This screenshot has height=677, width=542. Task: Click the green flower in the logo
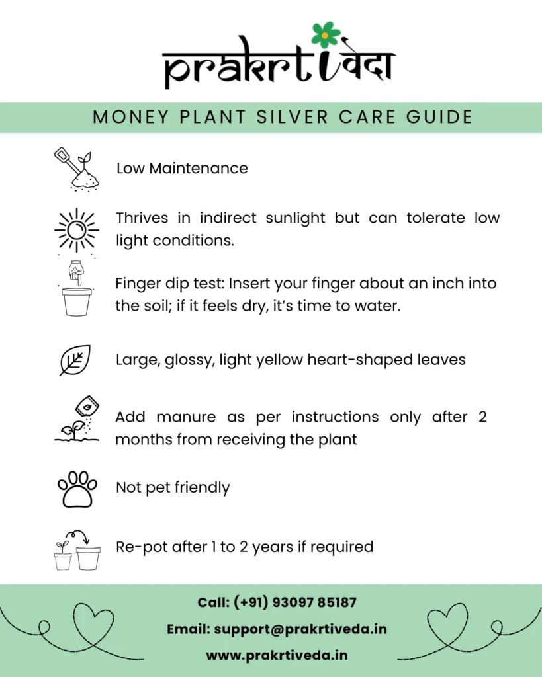click(x=326, y=34)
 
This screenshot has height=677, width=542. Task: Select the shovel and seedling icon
click(x=75, y=169)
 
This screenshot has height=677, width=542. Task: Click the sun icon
click(x=76, y=229)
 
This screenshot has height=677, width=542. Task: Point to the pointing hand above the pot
click(x=75, y=272)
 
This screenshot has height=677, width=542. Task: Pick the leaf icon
click(x=75, y=360)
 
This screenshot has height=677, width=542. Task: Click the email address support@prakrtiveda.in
click(x=300, y=629)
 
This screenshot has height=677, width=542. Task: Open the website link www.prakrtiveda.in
click(x=277, y=655)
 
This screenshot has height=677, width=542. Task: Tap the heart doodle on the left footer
click(x=93, y=625)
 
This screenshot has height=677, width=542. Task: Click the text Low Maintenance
click(x=182, y=169)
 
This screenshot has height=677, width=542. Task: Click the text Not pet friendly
click(x=173, y=488)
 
